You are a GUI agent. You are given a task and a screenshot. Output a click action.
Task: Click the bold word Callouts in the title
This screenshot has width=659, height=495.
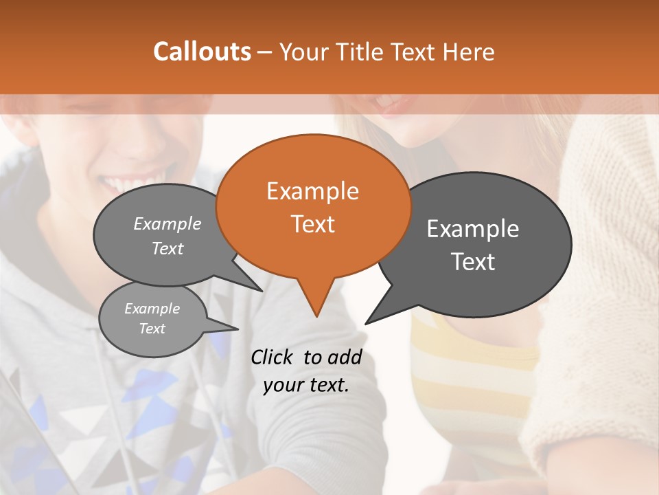202,52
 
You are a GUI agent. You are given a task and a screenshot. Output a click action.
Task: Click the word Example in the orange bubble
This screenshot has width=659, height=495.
312,191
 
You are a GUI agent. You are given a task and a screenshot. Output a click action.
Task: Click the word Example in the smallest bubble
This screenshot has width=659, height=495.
152,309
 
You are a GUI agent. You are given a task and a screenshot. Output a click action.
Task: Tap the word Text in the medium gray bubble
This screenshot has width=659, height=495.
167,249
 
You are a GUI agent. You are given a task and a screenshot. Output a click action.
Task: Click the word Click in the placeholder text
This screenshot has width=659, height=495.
273,357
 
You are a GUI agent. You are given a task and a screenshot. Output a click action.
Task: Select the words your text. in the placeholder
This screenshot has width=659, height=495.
306,385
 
